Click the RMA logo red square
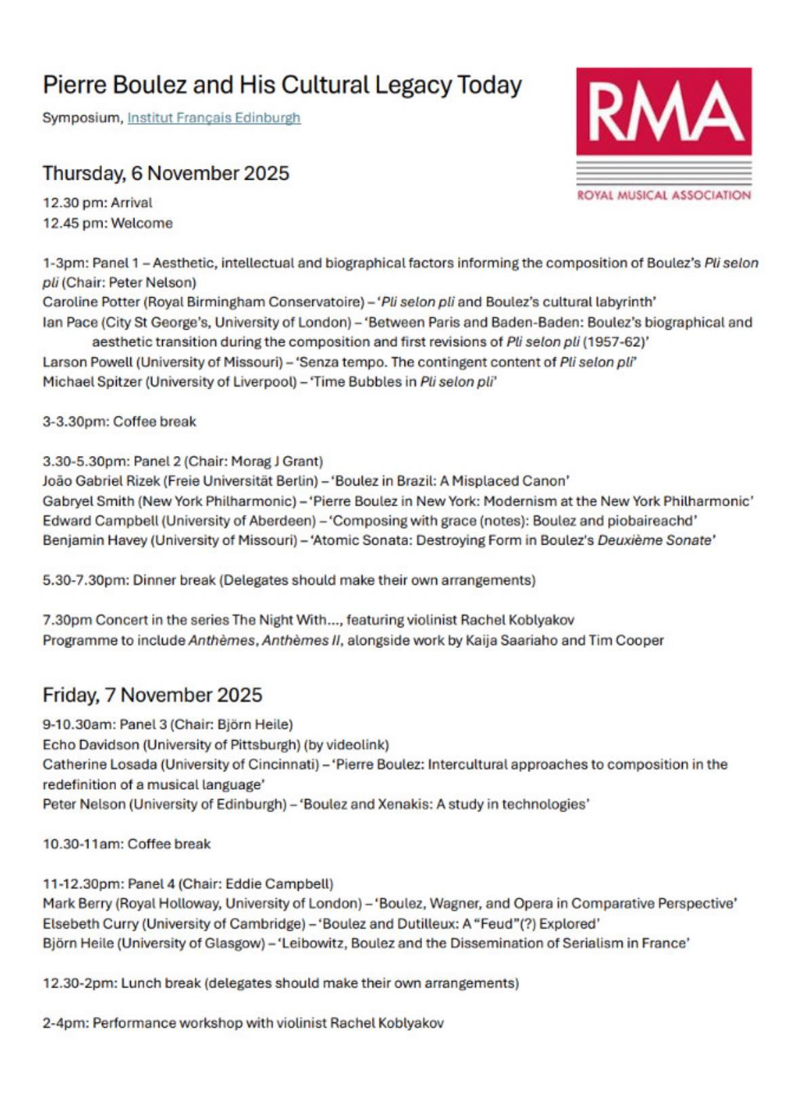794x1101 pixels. point(664,111)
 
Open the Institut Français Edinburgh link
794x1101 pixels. point(214,118)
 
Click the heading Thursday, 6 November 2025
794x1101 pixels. point(166,174)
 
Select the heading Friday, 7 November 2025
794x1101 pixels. point(152,695)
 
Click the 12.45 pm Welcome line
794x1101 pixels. point(107,223)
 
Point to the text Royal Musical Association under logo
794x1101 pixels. point(664,195)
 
